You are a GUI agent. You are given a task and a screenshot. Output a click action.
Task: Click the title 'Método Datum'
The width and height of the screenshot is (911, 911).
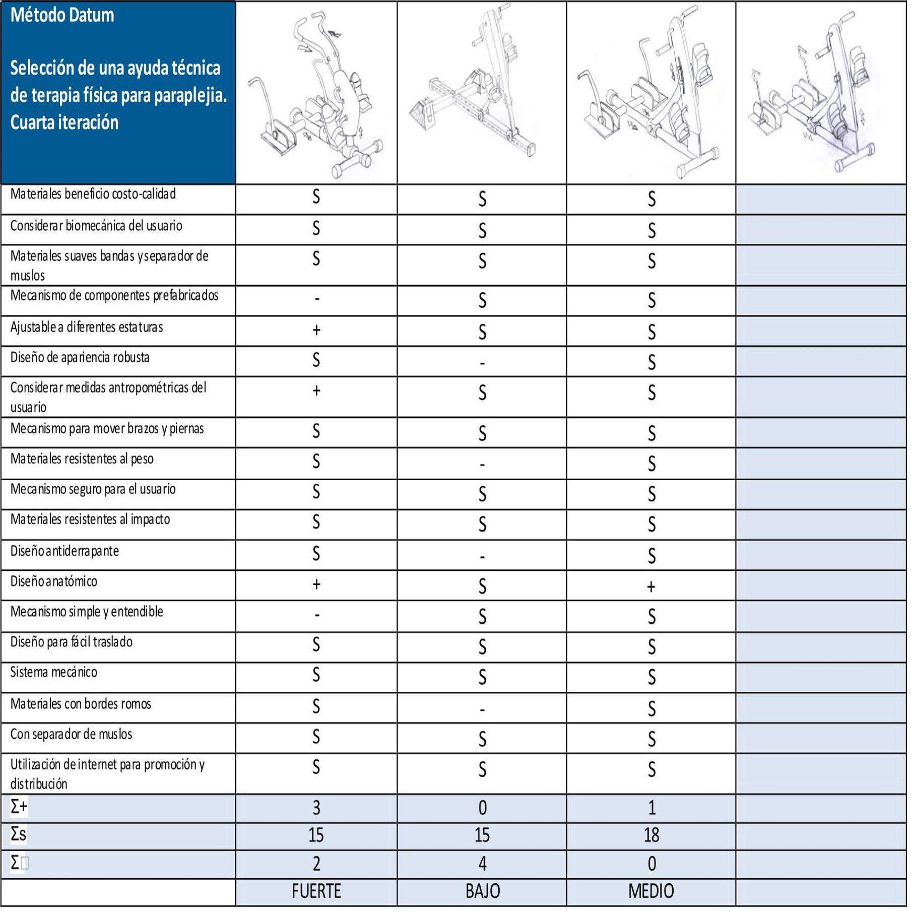tap(62, 16)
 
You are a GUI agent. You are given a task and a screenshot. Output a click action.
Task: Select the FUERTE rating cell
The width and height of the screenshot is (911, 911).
tap(316, 891)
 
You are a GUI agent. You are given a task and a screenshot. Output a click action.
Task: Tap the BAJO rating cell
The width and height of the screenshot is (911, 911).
tap(482, 891)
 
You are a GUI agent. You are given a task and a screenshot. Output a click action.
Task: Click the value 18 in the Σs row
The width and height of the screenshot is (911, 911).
tap(651, 835)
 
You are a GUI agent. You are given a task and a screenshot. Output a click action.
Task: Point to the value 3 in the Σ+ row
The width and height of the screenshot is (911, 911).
tap(316, 808)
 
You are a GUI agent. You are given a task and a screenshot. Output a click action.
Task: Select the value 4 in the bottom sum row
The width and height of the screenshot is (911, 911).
tap(482, 864)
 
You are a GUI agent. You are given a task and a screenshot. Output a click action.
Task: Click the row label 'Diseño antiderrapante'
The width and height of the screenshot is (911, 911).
tap(64, 551)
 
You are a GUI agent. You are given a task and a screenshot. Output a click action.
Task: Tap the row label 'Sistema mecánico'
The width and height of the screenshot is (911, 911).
tap(54, 672)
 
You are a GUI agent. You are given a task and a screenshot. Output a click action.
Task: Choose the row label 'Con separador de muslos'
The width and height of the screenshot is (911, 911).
tap(71, 734)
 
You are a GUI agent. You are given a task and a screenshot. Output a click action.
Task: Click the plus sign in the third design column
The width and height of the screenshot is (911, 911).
tap(651, 587)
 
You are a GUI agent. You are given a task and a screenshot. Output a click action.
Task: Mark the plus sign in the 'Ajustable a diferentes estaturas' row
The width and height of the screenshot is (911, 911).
tap(316, 330)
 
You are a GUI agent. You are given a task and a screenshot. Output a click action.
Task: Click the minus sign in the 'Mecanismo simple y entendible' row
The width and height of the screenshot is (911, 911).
tap(316, 615)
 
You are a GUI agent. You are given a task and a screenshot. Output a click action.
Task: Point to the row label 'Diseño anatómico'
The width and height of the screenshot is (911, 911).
tap(54, 581)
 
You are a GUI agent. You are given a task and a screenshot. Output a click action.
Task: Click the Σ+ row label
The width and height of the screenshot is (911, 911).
tap(19, 807)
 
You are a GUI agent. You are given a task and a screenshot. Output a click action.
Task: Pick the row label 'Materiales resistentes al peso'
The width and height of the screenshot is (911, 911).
tap(82, 459)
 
